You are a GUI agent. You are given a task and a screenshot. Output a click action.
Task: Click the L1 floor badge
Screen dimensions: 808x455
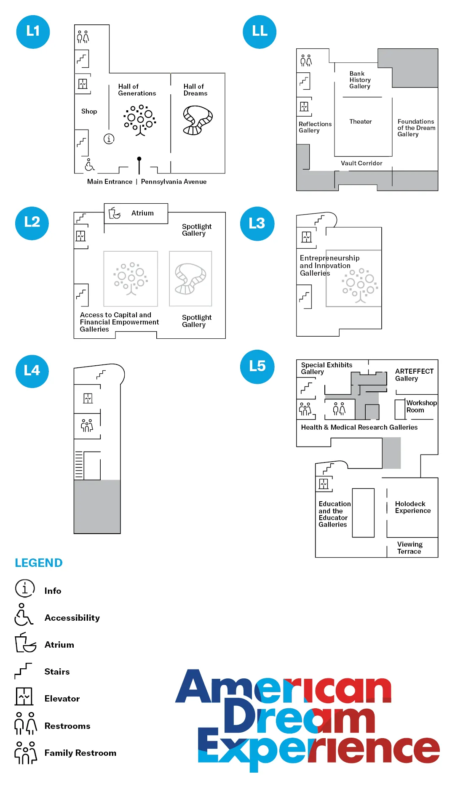tap(33, 32)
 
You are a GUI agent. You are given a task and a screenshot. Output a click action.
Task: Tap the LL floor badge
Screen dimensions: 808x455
tap(260, 32)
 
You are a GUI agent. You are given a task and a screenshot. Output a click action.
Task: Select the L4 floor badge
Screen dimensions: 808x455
tap(32, 371)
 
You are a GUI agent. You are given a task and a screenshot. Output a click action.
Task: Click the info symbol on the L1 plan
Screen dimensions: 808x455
tap(109, 138)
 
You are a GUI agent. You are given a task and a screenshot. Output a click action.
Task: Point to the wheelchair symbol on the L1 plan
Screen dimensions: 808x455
tap(89, 165)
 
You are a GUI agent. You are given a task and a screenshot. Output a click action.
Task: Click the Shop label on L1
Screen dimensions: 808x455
tap(89, 112)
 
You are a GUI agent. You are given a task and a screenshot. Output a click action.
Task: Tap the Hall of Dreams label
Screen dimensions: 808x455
tap(195, 90)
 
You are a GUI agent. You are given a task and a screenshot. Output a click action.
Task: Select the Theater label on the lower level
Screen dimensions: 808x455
tap(361, 122)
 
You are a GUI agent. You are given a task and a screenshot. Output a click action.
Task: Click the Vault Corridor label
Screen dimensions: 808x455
tap(361, 163)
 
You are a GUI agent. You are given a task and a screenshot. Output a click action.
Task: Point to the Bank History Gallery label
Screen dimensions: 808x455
tap(360, 80)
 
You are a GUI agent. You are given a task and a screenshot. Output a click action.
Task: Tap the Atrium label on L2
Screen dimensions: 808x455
tap(142, 213)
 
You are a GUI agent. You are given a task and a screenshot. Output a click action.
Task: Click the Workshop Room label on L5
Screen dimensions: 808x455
tap(421, 407)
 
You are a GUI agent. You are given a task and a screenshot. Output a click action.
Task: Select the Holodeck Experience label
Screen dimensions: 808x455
tap(412, 507)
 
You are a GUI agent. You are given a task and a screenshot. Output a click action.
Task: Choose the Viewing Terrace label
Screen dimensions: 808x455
tap(409, 548)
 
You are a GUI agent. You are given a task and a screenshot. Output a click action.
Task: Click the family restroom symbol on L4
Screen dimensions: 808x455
tap(87, 425)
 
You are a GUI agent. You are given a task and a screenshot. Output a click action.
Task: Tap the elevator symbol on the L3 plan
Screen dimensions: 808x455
tap(306, 237)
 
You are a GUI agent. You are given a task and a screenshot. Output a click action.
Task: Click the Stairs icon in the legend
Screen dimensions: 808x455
tap(23, 671)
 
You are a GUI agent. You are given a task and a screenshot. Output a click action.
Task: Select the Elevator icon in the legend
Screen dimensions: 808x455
tap(24, 696)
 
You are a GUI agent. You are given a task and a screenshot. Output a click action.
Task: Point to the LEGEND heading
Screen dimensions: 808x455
tap(39, 563)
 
